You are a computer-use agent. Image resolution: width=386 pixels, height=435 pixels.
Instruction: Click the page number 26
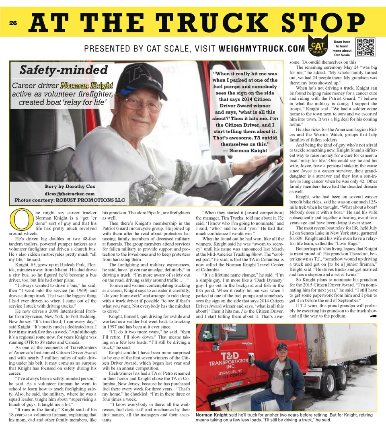(x=13, y=23)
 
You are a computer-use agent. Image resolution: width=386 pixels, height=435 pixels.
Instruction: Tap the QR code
(x=365, y=47)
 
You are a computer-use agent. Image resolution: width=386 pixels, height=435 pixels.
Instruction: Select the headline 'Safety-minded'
(x=64, y=70)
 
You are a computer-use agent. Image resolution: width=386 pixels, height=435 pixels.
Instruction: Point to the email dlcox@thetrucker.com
(x=69, y=193)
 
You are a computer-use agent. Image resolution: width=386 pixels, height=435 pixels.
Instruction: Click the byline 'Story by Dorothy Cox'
(x=69, y=187)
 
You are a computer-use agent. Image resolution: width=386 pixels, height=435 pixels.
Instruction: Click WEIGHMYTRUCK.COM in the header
(x=262, y=49)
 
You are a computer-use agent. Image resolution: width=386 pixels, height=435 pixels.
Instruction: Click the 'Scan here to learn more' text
(x=341, y=48)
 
